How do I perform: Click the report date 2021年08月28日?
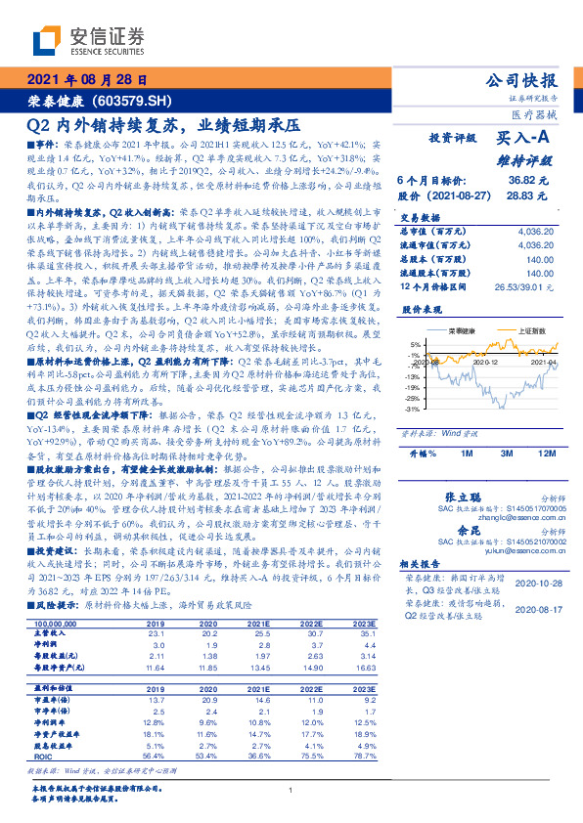pyautogui.click(x=87, y=80)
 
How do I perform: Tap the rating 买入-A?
pyautogui.click(x=524, y=140)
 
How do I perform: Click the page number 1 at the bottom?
pyautogui.click(x=291, y=792)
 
